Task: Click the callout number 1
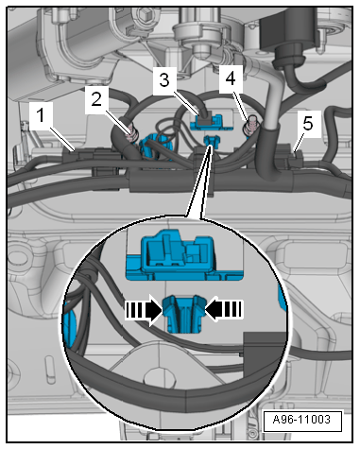(41, 114)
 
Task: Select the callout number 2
(96, 99)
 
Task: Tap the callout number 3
(164, 80)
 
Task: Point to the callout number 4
(231, 78)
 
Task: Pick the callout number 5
(308, 123)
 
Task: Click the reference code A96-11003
(301, 420)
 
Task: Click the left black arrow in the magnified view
(145, 310)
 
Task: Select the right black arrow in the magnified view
(224, 309)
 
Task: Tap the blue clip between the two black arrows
(184, 314)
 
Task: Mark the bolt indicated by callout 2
(132, 137)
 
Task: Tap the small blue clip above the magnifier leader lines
(212, 141)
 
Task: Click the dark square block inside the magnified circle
(265, 353)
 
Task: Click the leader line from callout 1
(61, 138)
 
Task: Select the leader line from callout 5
(298, 142)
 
